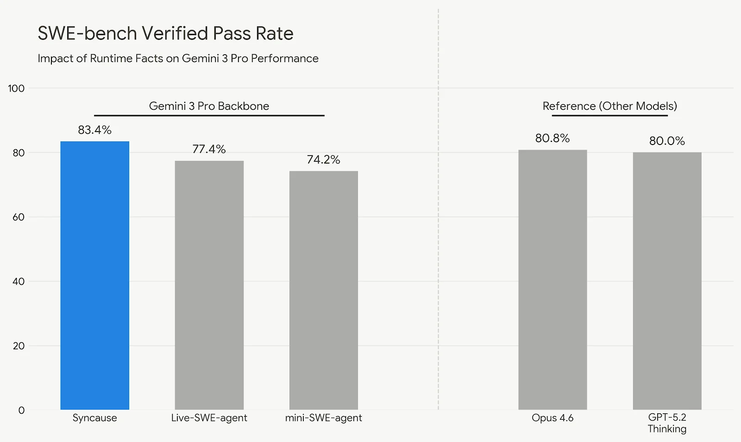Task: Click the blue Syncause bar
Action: coord(94,275)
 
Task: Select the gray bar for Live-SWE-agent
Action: coord(209,285)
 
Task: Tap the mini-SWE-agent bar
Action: coord(323,290)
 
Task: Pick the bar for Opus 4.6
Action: coord(553,279)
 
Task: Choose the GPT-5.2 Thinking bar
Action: coord(667,281)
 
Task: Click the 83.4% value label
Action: coord(94,130)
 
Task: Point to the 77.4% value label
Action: coord(209,149)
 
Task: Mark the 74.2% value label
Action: coord(323,160)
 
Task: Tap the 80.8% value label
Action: coord(553,138)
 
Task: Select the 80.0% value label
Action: coord(667,141)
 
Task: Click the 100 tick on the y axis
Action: coord(16,88)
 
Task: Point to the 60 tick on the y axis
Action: coord(19,217)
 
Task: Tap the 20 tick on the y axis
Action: coord(19,346)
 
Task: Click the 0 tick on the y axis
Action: coord(21,410)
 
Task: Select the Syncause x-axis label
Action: coord(94,418)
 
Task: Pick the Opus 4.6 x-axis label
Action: coord(553,418)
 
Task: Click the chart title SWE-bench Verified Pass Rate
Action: coord(165,33)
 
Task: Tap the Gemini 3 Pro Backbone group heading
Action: coord(209,106)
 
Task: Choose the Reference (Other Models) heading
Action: coord(609,106)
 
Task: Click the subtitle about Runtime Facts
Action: coord(178,58)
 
